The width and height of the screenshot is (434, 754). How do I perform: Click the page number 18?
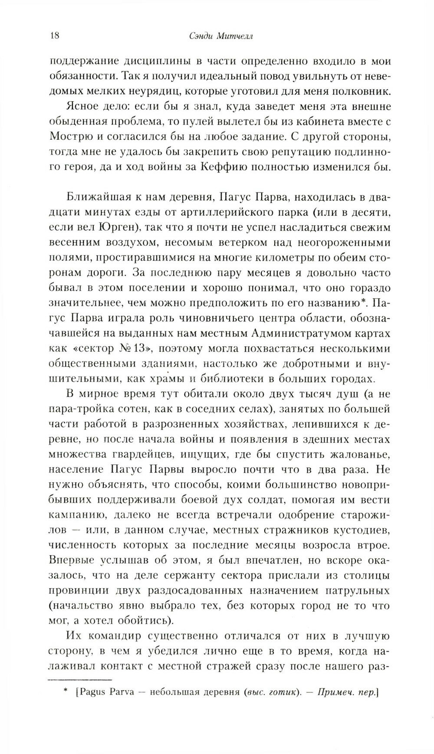54,36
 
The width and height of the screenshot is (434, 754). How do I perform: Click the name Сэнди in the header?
199,37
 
